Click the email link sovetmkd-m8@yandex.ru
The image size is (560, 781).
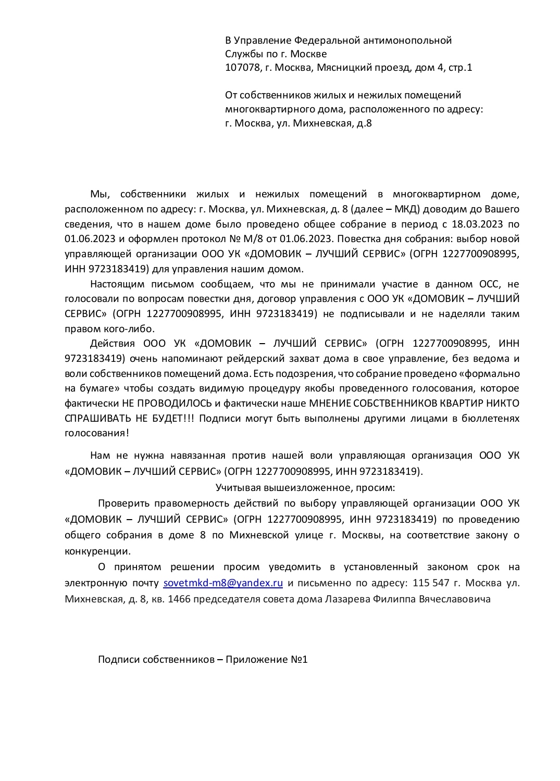[223, 583]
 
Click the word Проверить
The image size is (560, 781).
[124, 503]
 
